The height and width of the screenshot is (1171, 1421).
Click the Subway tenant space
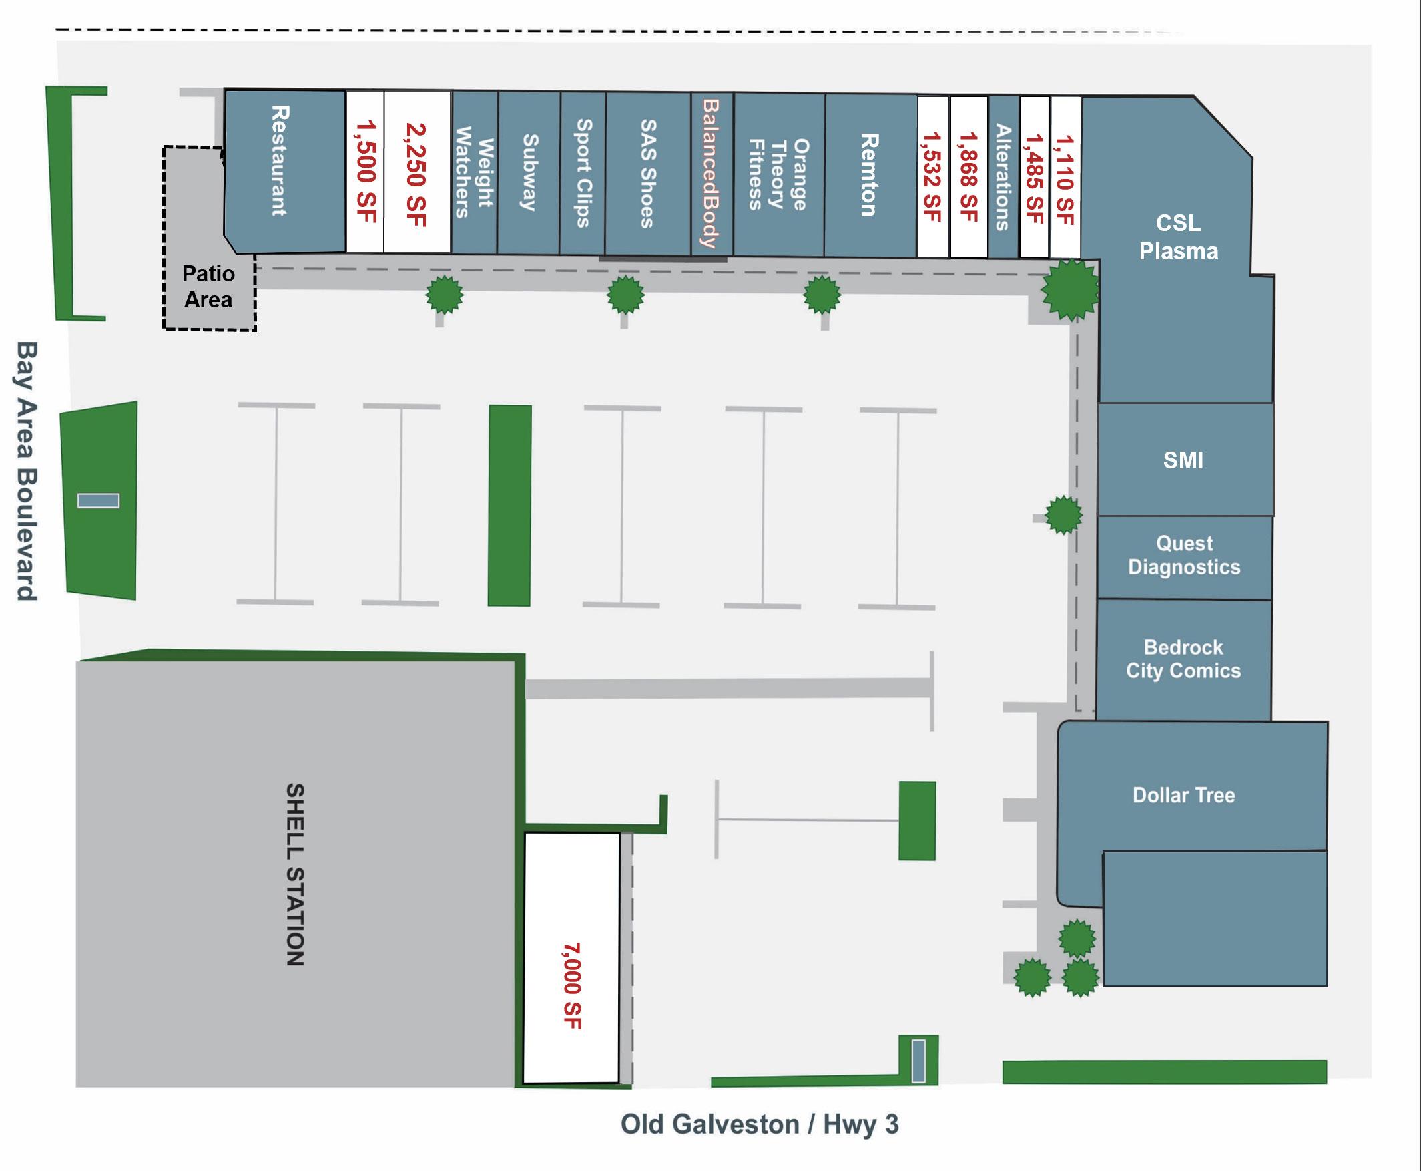[x=529, y=173]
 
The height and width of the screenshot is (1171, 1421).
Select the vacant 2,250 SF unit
[x=416, y=173]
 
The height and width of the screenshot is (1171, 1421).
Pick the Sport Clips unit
[x=583, y=173]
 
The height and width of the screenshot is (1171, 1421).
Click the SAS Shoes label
[x=648, y=174]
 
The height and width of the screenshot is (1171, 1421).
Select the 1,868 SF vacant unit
[x=968, y=177]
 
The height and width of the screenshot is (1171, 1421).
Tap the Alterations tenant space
[x=1003, y=177]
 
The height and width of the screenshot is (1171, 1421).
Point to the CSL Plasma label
[x=1178, y=236]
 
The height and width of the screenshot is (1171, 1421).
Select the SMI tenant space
[x=1183, y=460]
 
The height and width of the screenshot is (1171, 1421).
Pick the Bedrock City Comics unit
[x=1183, y=659]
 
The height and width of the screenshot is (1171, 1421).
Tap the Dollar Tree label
[x=1183, y=795]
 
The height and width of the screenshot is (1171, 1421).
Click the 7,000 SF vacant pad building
[x=571, y=958]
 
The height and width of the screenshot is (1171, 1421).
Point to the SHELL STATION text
[x=295, y=874]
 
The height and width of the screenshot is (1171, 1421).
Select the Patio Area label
[x=208, y=286]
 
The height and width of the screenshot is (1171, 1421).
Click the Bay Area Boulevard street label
[x=27, y=470]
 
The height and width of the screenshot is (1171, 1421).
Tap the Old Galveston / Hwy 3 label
[x=760, y=1124]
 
